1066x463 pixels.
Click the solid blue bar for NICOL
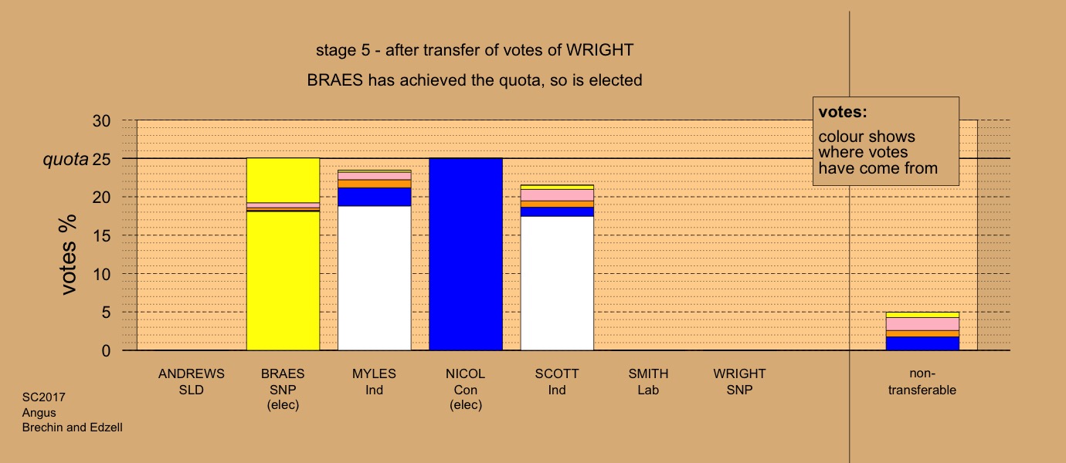coord(466,255)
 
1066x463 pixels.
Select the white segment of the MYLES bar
coord(374,278)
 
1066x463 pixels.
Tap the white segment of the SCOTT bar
coord(557,283)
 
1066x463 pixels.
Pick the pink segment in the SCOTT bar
coord(557,195)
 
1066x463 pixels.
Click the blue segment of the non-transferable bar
coord(922,343)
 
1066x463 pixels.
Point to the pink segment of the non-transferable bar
coord(922,324)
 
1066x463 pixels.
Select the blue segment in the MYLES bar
coord(374,197)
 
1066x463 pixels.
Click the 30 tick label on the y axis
coord(101,120)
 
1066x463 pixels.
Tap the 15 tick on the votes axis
coord(101,236)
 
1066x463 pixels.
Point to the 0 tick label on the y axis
coord(106,351)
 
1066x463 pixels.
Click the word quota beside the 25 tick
coord(66,159)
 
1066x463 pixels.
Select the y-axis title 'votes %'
coord(68,255)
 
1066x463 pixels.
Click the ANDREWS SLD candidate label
coord(192,382)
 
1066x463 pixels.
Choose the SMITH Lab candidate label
coord(648,382)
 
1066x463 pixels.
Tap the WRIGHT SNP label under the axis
coord(739,382)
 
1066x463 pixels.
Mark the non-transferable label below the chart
coord(922,382)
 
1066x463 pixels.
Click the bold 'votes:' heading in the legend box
coord(843,112)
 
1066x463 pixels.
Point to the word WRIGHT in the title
coord(599,50)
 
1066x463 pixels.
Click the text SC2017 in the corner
coord(44,397)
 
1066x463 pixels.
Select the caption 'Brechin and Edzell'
coord(73,428)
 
